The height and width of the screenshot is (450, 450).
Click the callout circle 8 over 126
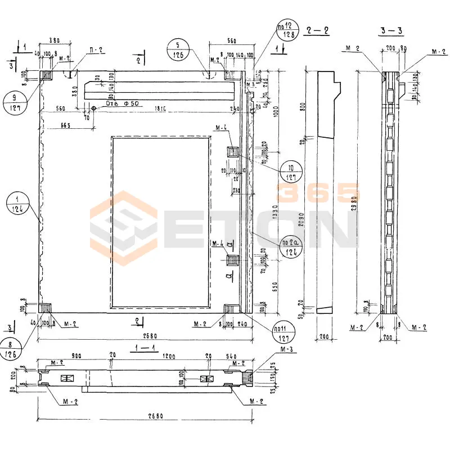(x=12, y=349)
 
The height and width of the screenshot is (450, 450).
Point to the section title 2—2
(x=318, y=31)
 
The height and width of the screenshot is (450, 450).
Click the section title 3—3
(x=389, y=31)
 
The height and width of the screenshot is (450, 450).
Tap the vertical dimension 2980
(x=353, y=191)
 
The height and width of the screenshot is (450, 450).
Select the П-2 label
(x=97, y=50)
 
